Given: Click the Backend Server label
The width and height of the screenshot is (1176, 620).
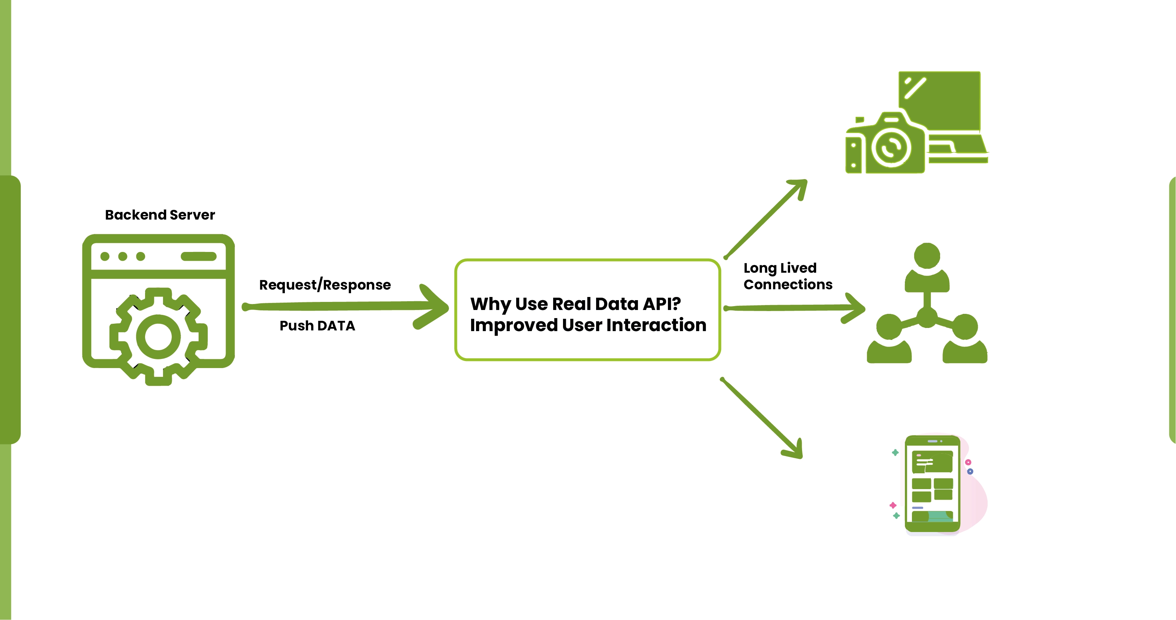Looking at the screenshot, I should click(160, 215).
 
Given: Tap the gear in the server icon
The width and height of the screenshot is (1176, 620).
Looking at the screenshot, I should click(158, 337).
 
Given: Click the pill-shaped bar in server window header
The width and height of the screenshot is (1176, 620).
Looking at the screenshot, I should click(199, 257).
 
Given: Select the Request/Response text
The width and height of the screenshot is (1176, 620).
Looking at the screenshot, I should click(325, 285).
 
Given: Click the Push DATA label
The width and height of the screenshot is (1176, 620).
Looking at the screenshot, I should click(317, 326).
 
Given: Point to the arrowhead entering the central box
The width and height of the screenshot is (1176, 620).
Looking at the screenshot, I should click(434, 306).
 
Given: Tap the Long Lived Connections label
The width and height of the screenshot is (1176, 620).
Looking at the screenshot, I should click(788, 276).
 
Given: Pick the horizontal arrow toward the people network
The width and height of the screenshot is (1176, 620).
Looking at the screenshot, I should click(794, 308).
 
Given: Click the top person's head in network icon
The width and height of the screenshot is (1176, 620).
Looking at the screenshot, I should click(927, 255).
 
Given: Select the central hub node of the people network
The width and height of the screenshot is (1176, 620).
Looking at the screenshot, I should click(927, 317).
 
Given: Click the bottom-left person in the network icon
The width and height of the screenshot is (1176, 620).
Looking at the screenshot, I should click(889, 342).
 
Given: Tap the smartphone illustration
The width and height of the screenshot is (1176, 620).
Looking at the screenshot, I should click(932, 483).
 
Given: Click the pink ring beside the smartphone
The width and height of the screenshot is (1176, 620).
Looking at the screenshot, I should click(968, 462).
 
